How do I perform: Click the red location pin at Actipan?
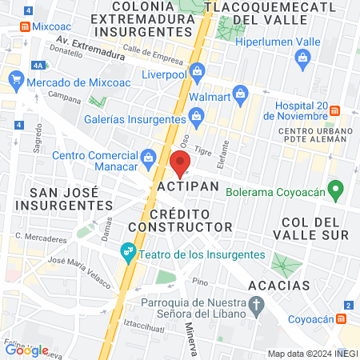tap(180, 164)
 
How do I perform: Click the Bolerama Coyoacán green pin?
tap(337, 191)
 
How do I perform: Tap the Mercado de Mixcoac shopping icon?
tap(16, 80)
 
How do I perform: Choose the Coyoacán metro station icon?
tap(342, 318)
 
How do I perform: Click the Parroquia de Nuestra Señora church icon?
tap(256, 304)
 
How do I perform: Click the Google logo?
tap(26, 350)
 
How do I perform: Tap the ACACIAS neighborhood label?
tap(278, 286)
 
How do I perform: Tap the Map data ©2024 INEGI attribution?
tap(312, 354)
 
